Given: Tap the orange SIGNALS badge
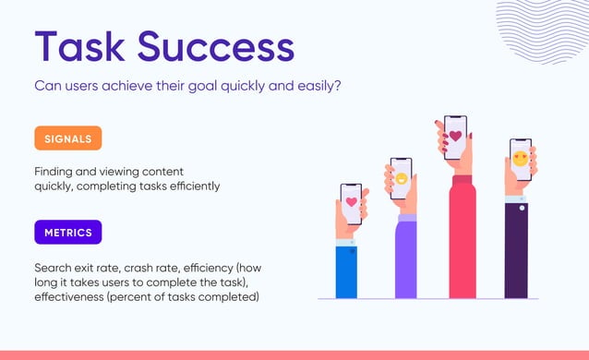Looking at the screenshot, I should coord(67,138).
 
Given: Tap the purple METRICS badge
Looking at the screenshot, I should coord(67,232).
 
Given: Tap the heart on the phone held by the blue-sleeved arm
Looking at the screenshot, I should coord(351,200).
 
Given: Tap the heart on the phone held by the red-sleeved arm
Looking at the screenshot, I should coord(454,135).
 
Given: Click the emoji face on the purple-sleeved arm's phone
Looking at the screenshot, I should coord(402,177).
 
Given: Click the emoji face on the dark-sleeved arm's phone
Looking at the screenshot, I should coord(521,158).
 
